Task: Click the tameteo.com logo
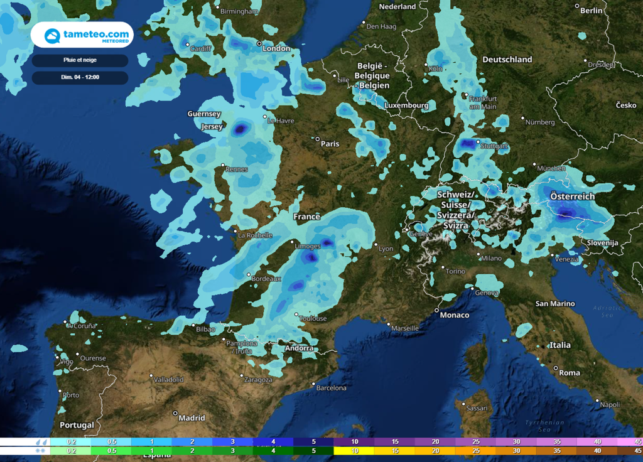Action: tap(82, 35)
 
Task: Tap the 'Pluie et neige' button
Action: tap(80, 60)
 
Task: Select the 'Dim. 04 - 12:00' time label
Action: tap(80, 78)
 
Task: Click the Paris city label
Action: tap(330, 144)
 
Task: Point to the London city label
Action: tap(276, 48)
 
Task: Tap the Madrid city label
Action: tap(192, 417)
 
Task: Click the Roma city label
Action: tap(570, 372)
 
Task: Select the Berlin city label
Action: tap(592, 11)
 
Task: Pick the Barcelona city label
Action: tap(331, 388)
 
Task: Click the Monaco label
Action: tap(454, 314)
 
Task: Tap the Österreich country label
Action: tap(572, 196)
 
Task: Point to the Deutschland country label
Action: tap(507, 60)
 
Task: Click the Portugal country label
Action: tap(77, 425)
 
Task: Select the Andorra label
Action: tap(299, 348)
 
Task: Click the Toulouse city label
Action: tap(313, 318)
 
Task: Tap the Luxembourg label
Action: tap(406, 105)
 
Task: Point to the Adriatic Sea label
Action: tap(606, 311)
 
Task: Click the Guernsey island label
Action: tap(204, 114)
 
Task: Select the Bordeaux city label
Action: tap(267, 278)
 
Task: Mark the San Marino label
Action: tap(554, 304)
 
